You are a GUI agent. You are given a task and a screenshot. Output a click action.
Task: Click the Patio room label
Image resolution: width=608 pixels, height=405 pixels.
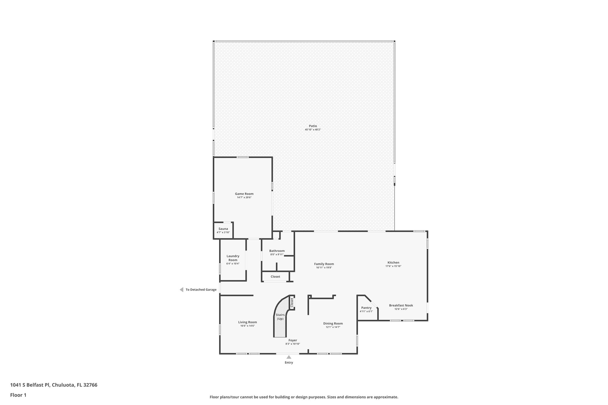313,126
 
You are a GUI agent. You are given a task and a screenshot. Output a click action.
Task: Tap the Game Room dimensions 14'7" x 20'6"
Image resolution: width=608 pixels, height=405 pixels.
244,198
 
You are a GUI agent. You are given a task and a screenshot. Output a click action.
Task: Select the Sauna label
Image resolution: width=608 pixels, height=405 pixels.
223,229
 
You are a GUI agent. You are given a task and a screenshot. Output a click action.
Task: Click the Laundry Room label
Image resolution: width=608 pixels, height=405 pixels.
233,258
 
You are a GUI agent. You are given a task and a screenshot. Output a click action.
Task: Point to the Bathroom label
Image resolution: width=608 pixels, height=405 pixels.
277,251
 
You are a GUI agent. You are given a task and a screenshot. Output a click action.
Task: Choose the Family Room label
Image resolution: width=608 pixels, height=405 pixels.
324,264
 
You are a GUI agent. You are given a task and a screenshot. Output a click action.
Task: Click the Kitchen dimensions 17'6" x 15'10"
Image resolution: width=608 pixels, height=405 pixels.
393,266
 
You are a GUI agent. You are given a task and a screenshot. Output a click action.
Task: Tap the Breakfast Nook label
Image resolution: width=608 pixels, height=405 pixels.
401,306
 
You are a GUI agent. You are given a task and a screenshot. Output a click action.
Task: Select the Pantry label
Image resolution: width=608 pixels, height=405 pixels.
366,308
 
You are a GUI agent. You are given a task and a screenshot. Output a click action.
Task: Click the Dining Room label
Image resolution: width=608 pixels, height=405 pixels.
333,324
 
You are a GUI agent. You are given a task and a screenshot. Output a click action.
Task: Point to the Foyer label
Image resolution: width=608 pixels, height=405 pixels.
293,340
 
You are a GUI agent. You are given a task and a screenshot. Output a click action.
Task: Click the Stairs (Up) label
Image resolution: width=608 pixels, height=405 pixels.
280,317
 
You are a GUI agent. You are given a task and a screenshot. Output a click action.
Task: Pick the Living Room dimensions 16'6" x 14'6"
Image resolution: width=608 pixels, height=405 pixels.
247,326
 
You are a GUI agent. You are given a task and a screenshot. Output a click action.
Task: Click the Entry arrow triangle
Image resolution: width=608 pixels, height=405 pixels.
289,357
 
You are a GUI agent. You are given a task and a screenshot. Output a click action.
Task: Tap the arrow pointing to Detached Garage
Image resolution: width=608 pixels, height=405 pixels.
181,290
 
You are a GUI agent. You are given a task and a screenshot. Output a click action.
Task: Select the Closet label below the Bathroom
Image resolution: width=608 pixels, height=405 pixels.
275,277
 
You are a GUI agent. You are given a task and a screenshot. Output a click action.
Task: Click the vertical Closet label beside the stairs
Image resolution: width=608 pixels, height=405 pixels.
292,302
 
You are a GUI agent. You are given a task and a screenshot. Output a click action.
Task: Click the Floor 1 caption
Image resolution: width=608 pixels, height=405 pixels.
18,395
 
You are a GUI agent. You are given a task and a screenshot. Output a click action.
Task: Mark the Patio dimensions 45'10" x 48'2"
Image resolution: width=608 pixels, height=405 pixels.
313,130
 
